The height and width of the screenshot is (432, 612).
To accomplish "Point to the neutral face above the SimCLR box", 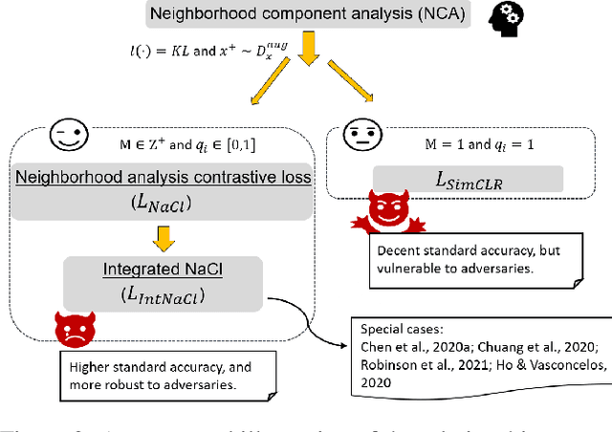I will point(357,135).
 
